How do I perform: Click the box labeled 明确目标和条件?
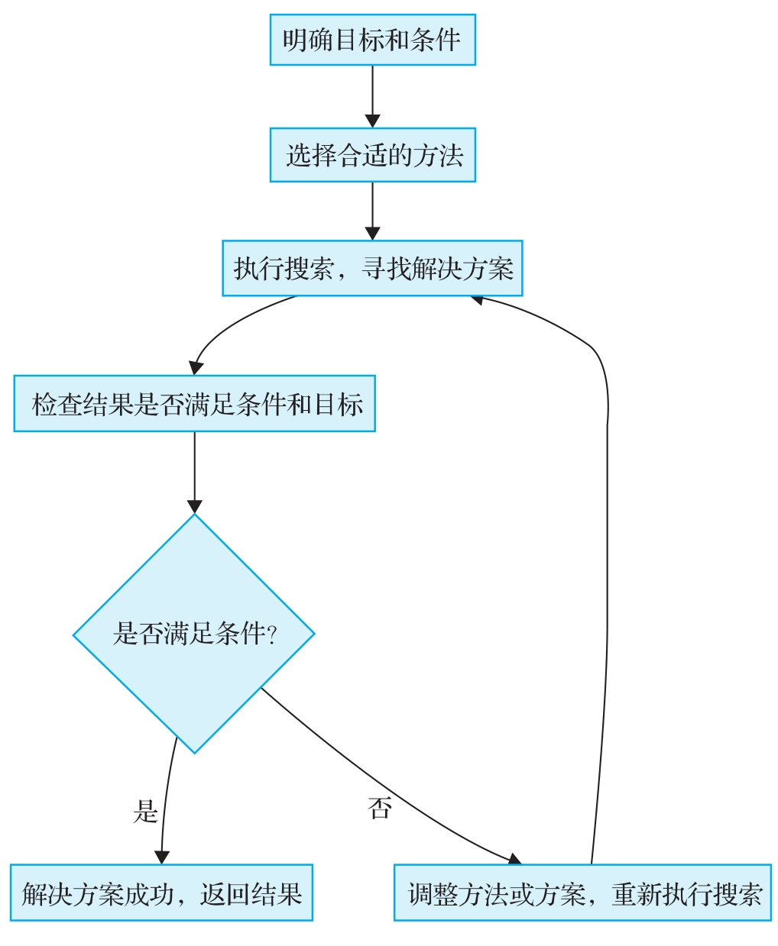pyautogui.click(x=372, y=40)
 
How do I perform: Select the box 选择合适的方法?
pyautogui.click(x=372, y=155)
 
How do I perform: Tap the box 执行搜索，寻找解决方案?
pyautogui.click(x=372, y=269)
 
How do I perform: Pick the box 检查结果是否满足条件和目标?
pyautogui.click(x=194, y=403)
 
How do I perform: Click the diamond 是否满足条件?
pyautogui.click(x=194, y=633)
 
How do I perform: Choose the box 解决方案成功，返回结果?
pyautogui.click(x=161, y=893)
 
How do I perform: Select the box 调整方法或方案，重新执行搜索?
pyautogui.click(x=582, y=893)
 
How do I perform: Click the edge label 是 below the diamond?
pyautogui.click(x=145, y=811)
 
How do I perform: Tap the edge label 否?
pyautogui.click(x=379, y=808)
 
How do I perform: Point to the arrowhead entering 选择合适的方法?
pyautogui.click(x=372, y=121)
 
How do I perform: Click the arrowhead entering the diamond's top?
pyautogui.click(x=194, y=506)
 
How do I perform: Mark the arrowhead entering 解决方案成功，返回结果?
pyautogui.click(x=161, y=857)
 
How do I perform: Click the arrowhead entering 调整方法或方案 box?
pyautogui.click(x=514, y=859)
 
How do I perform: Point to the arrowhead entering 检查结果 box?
pyautogui.click(x=196, y=367)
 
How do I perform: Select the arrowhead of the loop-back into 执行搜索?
pyautogui.click(x=478, y=299)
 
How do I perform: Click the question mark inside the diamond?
pyautogui.click(x=271, y=634)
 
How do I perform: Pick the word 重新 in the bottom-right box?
pyautogui.click(x=637, y=893)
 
